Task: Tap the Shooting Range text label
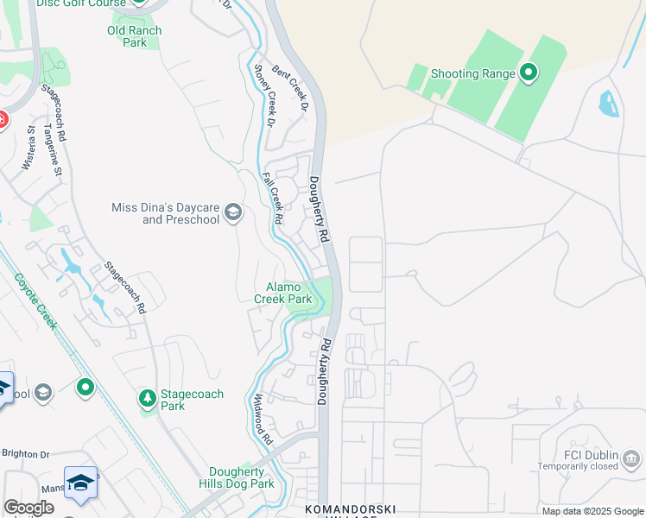tap(473, 74)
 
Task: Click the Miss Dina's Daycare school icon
tap(232, 212)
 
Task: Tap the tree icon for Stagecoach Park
tap(148, 399)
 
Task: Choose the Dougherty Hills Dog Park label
tap(242, 477)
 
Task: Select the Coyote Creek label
tap(35, 301)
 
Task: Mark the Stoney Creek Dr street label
tap(263, 97)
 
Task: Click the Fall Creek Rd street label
tap(272, 198)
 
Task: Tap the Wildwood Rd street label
tap(262, 414)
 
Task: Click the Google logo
tap(28, 508)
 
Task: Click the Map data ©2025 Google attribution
tap(593, 511)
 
